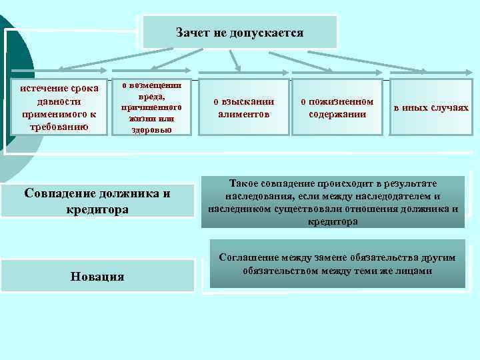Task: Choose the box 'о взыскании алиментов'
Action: (243, 107)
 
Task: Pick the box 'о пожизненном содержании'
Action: (337, 107)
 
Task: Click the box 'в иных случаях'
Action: (431, 107)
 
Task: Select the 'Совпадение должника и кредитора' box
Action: (97, 201)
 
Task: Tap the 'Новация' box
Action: (97, 276)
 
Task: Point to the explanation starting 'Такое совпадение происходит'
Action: (333, 201)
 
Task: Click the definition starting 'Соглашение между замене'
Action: (337, 264)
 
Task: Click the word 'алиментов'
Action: (243, 114)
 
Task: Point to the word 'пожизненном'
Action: (337, 101)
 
